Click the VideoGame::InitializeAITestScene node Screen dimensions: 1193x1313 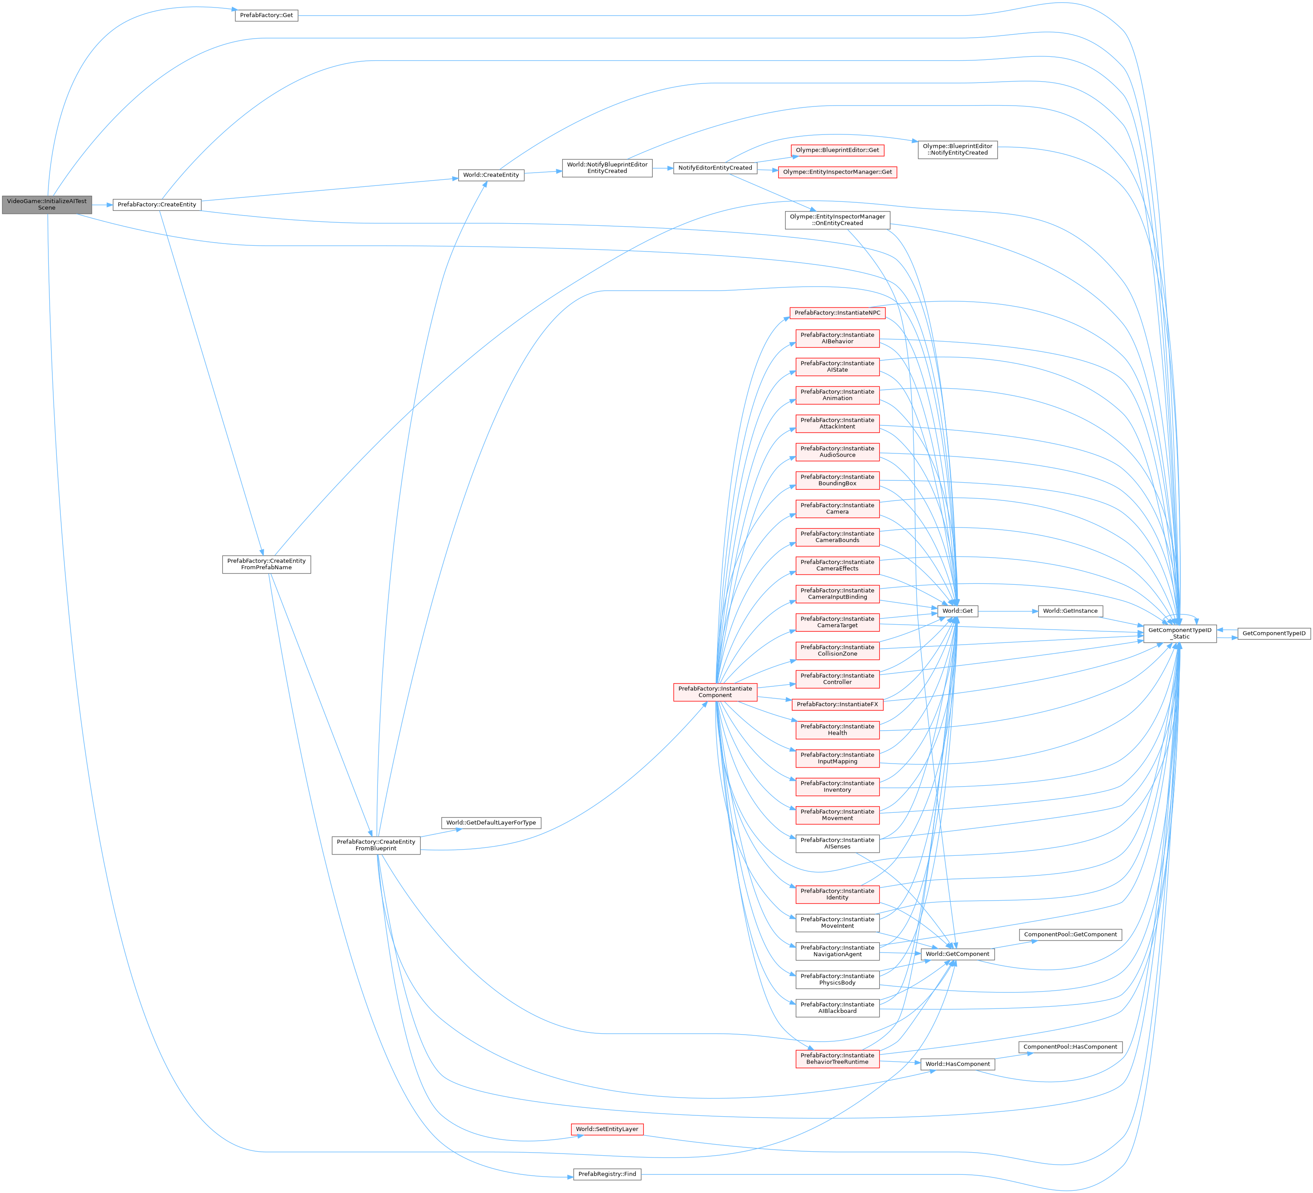[46, 205]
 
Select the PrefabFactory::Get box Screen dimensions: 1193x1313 [266, 15]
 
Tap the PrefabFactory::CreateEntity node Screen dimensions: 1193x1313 [156, 205]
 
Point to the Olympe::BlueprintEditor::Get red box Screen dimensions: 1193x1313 [837, 150]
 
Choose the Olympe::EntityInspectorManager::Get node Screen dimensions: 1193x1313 [837, 172]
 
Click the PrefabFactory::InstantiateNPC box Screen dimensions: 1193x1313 [837, 313]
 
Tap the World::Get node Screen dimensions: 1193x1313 [957, 611]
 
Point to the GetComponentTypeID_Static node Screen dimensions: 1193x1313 [1179, 633]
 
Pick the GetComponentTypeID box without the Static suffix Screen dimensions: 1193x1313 [1273, 633]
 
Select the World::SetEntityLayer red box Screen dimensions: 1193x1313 [607, 1129]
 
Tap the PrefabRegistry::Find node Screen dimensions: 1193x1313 [607, 1174]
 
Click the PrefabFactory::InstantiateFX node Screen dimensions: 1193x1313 [837, 704]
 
